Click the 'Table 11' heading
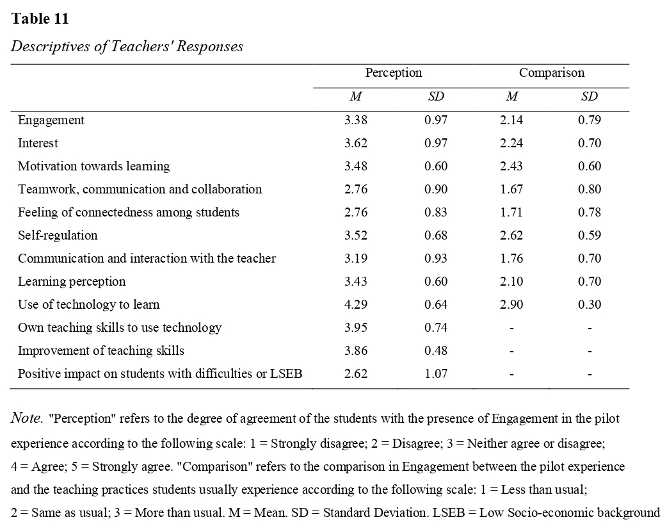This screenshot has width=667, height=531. tap(40, 19)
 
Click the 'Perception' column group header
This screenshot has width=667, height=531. tap(393, 73)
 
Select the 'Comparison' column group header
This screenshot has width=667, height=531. tap(551, 73)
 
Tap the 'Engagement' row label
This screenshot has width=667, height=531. tap(51, 120)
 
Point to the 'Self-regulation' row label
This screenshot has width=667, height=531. tap(58, 236)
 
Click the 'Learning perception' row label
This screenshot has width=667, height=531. tap(72, 282)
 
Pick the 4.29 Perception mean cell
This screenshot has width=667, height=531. tap(356, 305)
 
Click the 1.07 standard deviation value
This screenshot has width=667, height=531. tap(436, 374)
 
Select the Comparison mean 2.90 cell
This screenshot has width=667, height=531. tap(511, 305)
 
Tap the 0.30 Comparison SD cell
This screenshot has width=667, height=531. tap(590, 305)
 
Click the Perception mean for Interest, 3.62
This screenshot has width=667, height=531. tap(356, 143)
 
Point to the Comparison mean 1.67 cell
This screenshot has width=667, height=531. tap(511, 190)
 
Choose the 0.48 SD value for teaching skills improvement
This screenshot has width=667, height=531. tap(436, 351)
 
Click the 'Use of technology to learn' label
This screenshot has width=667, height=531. tap(88, 305)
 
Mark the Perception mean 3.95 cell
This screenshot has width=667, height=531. tap(356, 328)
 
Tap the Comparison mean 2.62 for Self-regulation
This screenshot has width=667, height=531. tap(511, 236)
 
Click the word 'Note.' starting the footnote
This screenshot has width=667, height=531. tap(27, 420)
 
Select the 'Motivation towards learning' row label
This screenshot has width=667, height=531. tap(93, 167)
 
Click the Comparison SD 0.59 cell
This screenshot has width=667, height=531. tap(590, 236)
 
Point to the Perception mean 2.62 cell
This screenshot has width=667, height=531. tap(356, 374)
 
